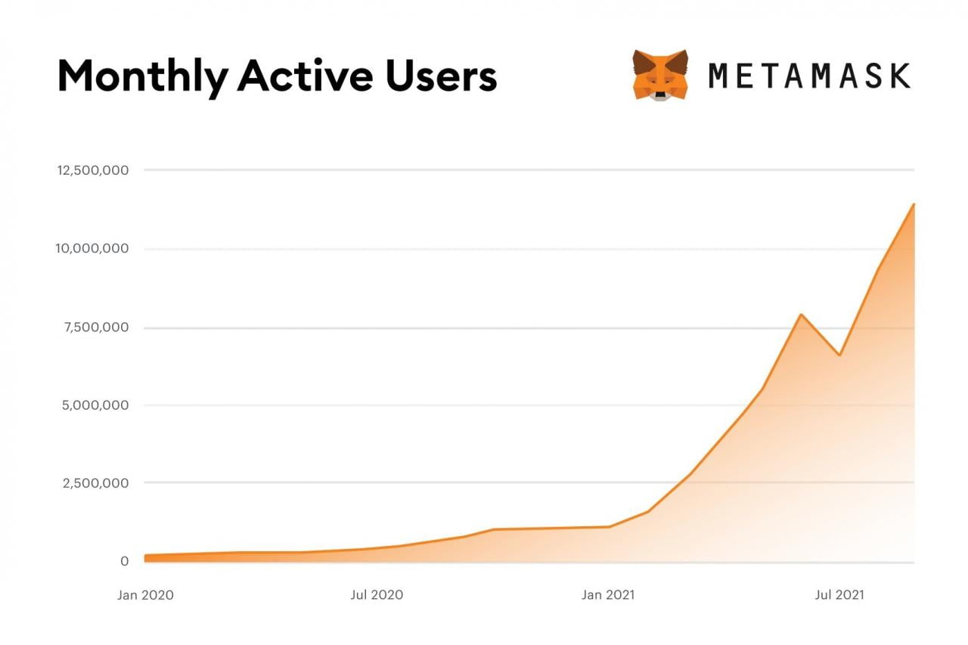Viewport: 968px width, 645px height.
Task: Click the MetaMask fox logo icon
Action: tap(660, 75)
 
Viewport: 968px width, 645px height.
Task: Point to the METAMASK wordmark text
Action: tap(809, 76)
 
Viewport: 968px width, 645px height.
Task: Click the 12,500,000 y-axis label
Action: tap(93, 170)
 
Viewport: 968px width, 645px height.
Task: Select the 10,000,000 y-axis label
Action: tap(93, 249)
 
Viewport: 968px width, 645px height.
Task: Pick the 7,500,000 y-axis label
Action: tap(97, 327)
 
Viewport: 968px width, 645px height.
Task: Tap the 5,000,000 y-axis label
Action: tap(97, 405)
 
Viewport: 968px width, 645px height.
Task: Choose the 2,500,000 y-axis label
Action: tap(97, 483)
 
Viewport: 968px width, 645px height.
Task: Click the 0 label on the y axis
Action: tap(124, 561)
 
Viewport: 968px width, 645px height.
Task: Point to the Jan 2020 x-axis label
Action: tap(145, 595)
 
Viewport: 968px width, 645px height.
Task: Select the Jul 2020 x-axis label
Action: tap(377, 595)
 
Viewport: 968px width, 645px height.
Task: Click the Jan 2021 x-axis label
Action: tap(608, 595)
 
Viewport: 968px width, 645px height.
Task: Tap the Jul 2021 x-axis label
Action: tap(839, 595)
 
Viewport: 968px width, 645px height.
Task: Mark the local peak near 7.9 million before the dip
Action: tap(800, 315)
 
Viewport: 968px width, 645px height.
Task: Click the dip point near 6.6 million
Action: tap(839, 355)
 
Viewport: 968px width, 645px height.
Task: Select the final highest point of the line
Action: tap(914, 204)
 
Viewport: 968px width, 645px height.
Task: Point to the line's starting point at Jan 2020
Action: tap(145, 557)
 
